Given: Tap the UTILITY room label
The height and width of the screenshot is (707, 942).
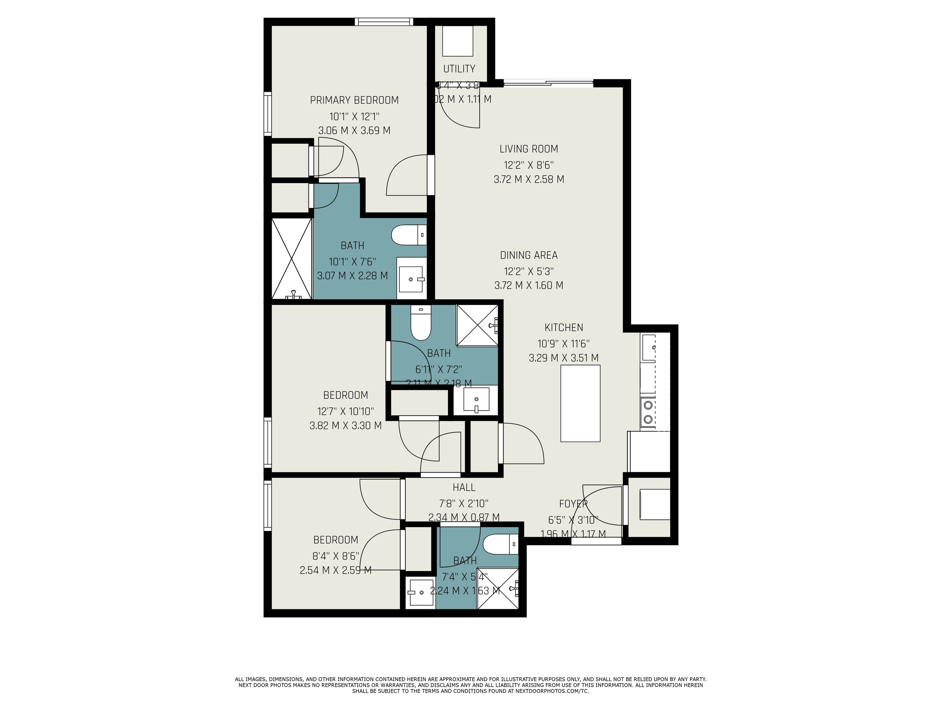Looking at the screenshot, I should coord(459,69).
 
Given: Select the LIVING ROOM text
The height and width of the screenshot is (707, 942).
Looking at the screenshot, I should coord(528,149).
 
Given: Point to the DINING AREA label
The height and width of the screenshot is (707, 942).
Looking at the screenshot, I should coord(528,255).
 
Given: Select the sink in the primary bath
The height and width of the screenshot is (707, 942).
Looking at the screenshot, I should coord(411,278).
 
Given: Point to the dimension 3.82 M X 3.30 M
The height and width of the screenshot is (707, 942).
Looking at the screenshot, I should coord(345,425).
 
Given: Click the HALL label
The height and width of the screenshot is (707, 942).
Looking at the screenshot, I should coord(464,487).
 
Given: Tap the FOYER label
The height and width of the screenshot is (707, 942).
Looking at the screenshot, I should coord(573,504).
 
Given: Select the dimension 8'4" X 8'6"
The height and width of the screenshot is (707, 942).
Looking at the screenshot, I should coord(336,556).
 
